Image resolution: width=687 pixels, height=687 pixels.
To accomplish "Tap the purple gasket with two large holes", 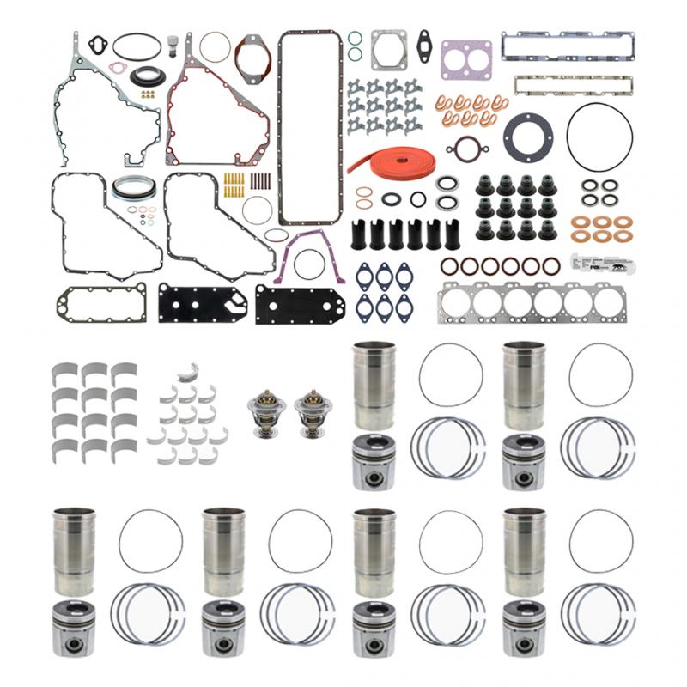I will coord(466,58).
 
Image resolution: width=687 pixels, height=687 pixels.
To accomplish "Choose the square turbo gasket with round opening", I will coord(390,51).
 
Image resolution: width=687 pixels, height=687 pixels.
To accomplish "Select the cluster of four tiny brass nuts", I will coord(148,95).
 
